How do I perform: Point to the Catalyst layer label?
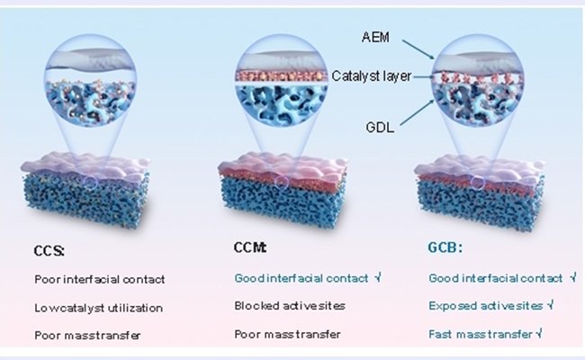[x=372, y=77]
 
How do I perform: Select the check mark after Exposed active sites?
[x=550, y=306]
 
